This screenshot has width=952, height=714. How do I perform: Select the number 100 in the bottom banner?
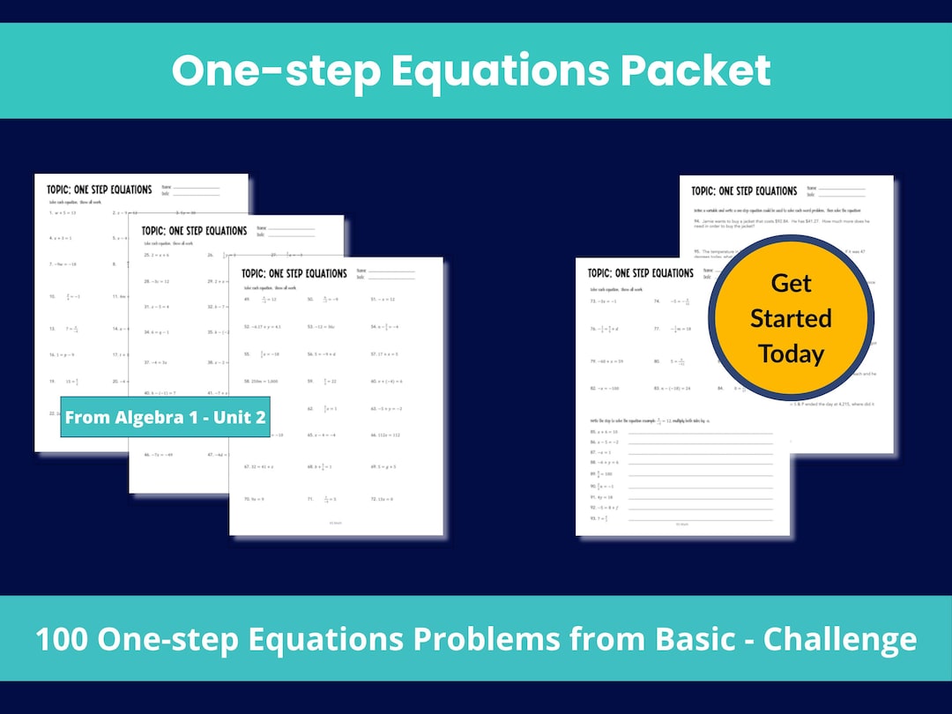click(63, 639)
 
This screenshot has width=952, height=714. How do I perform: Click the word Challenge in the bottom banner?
click(839, 639)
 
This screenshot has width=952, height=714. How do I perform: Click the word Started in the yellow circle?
click(791, 318)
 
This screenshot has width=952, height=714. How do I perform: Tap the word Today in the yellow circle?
click(791, 353)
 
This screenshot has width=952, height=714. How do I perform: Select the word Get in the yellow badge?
click(791, 283)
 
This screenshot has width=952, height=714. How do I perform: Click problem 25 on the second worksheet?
click(157, 255)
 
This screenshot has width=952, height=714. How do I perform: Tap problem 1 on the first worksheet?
click(62, 212)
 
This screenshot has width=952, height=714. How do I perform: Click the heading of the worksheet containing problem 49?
click(294, 273)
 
